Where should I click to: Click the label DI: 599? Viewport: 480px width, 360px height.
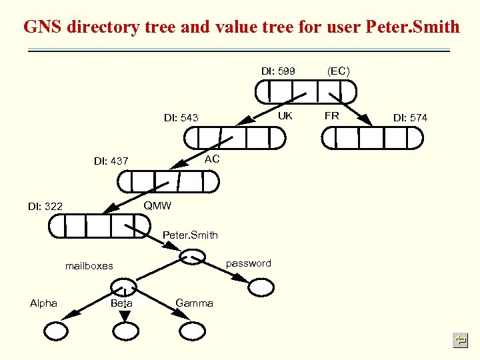coord(277,71)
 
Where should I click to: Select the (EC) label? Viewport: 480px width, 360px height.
coord(338,70)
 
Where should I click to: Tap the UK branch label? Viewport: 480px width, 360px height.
coord(285,115)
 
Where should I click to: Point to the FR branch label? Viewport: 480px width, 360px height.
coord(331,115)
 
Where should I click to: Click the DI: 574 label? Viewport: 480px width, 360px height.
coord(410,118)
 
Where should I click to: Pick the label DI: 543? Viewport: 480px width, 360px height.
coord(181,118)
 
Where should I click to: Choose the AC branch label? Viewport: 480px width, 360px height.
coord(212,159)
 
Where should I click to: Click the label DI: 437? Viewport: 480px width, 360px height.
coord(111,161)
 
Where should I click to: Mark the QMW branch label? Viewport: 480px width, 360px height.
coord(157,205)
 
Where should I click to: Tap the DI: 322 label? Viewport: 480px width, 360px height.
coord(45,207)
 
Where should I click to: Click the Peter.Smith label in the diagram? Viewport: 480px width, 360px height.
coord(190,235)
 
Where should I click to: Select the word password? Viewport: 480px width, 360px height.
coord(248,263)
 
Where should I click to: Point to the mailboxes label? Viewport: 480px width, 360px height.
coord(89,265)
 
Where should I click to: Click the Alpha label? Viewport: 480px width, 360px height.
coord(43,303)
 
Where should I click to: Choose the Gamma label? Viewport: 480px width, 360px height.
coord(194,303)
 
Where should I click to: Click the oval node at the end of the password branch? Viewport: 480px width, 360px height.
coord(261,287)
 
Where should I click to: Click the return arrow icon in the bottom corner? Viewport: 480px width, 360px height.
coord(459,341)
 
